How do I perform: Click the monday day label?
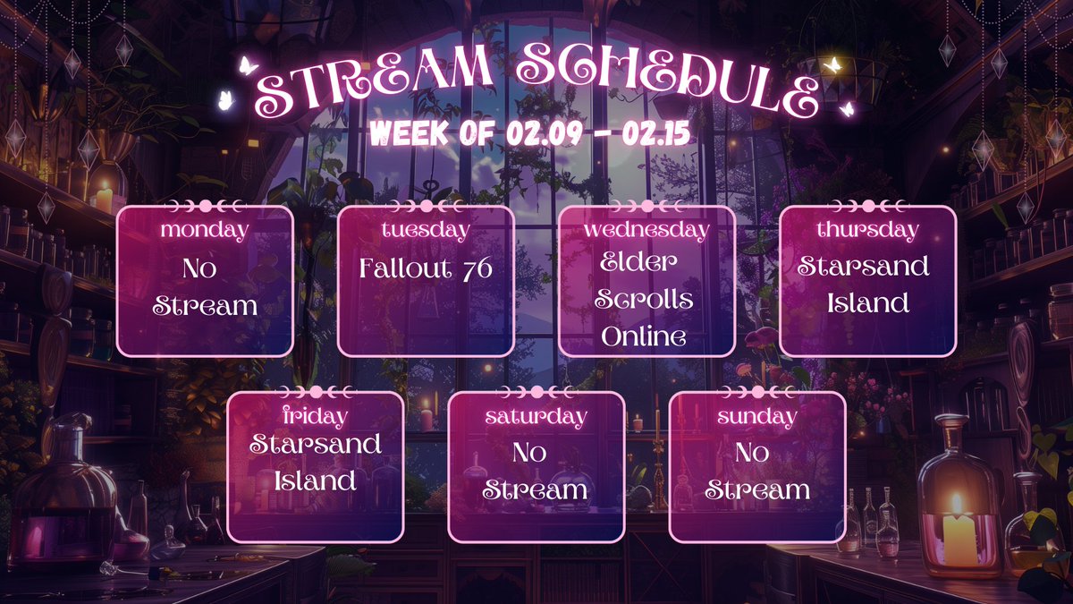pyautogui.click(x=205, y=230)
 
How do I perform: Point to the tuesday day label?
pyautogui.click(x=426, y=230)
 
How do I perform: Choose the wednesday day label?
pyautogui.click(x=646, y=230)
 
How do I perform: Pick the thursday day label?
pyautogui.click(x=867, y=230)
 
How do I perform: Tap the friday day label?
pyautogui.click(x=315, y=416)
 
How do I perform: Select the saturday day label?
pyautogui.click(x=536, y=416)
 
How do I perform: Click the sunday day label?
pyautogui.click(x=756, y=416)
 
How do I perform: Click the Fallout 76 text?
pyautogui.click(x=426, y=268)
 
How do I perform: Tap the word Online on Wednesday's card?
pyautogui.click(x=644, y=336)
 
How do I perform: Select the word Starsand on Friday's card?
pyautogui.click(x=315, y=444)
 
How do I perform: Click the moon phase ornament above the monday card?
pyautogui.click(x=205, y=205)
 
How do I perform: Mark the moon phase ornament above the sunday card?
pyautogui.click(x=756, y=391)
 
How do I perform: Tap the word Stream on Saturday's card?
pyautogui.click(x=536, y=490)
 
